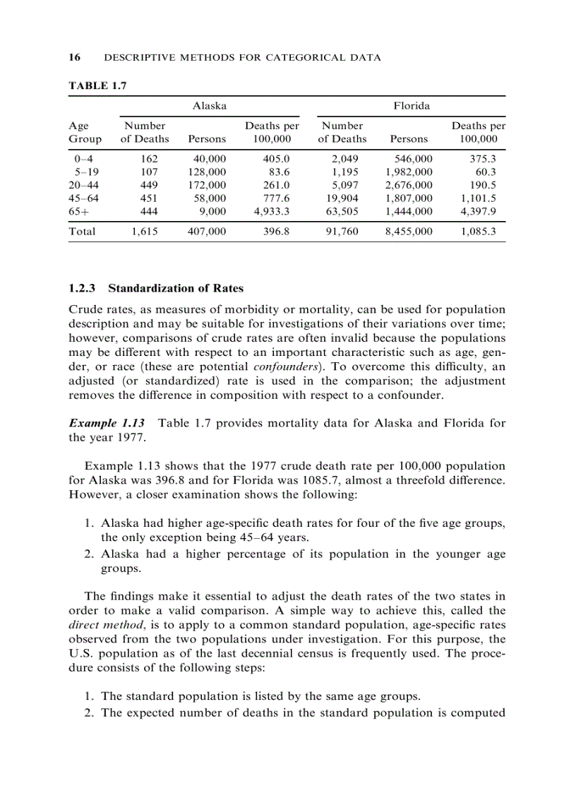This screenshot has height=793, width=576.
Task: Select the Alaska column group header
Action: point(210,106)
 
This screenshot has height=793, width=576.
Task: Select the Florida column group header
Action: point(412,106)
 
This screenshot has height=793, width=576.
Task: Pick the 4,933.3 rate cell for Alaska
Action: point(272,210)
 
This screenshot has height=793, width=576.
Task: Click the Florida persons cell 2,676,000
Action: point(409,185)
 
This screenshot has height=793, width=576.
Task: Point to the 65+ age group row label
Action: point(79,210)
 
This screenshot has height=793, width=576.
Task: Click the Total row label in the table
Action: point(82,231)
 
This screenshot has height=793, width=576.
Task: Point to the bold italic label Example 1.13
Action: point(107,423)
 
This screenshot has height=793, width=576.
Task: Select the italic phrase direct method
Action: point(100,624)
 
